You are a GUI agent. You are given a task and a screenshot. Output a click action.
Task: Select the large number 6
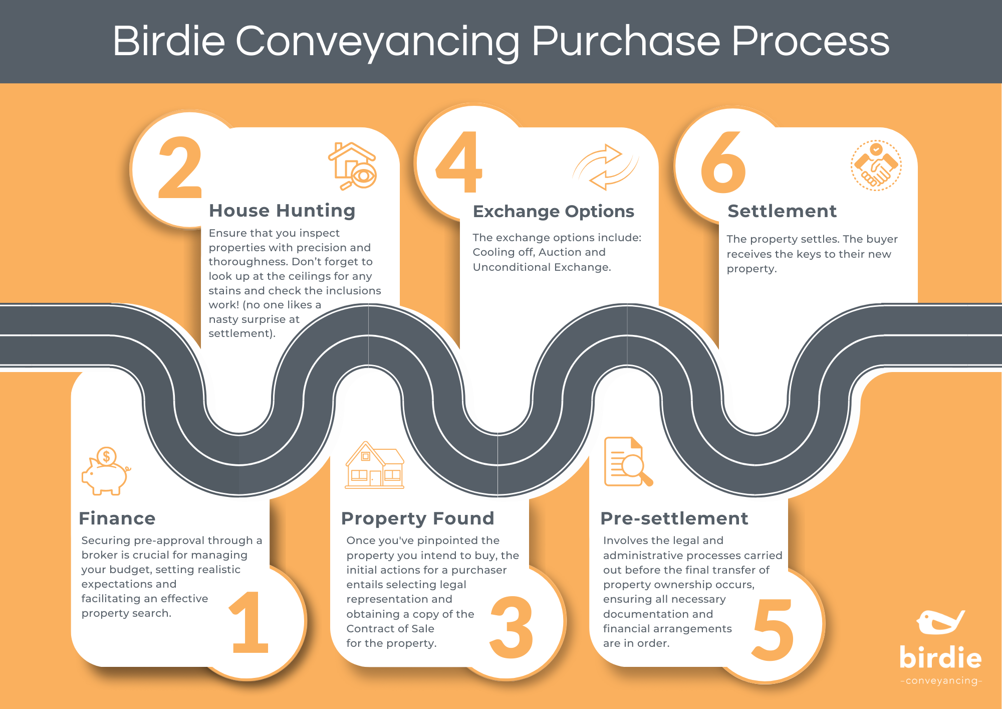(x=723, y=162)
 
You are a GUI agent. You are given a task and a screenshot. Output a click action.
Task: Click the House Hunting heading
(x=282, y=211)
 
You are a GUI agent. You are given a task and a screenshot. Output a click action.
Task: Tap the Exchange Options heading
(x=554, y=212)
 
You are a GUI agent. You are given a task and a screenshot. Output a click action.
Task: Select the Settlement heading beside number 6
(x=782, y=211)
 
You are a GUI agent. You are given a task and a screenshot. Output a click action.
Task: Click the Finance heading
(x=117, y=518)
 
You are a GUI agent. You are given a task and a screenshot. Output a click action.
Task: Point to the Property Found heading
(x=417, y=518)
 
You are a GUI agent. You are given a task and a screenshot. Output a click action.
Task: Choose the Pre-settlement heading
(x=674, y=518)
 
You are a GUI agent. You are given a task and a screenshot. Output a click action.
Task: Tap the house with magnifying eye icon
(x=353, y=166)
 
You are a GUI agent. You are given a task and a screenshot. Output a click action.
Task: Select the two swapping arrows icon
(x=605, y=167)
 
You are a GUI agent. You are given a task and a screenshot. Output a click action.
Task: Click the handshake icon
(x=876, y=166)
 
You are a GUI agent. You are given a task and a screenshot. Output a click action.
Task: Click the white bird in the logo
(x=940, y=622)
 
